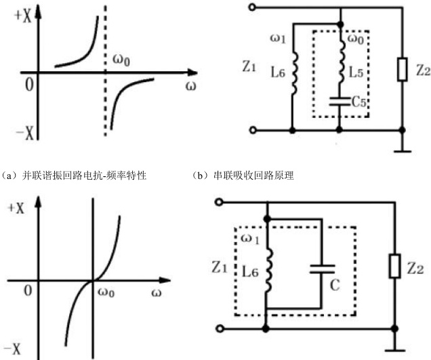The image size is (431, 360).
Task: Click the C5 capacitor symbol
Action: (x=337, y=102)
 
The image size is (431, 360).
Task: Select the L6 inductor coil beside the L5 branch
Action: (x=293, y=79)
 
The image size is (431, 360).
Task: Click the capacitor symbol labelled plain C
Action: (x=317, y=269)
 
